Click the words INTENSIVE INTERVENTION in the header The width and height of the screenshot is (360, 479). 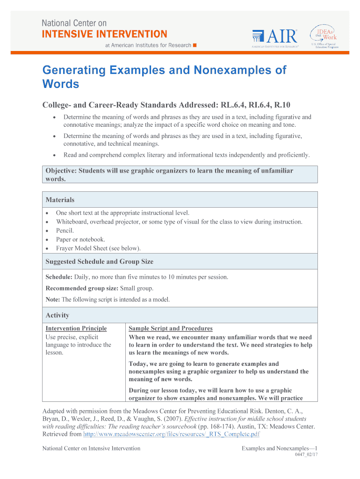104,34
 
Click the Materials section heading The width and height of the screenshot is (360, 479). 60,200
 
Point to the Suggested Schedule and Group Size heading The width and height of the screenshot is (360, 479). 99,261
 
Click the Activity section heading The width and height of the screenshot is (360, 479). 57,315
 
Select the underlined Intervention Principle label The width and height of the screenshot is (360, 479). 76,328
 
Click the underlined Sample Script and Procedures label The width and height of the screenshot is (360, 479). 170,328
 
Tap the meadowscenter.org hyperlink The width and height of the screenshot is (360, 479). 171,434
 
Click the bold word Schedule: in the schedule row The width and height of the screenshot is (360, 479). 59,277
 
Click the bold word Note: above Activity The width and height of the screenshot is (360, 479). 53,299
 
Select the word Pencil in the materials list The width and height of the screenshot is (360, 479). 65,231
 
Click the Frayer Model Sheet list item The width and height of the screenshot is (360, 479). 98,248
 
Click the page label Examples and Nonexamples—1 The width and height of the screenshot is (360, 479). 280,448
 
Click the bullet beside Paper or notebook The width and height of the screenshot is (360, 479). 47,239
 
